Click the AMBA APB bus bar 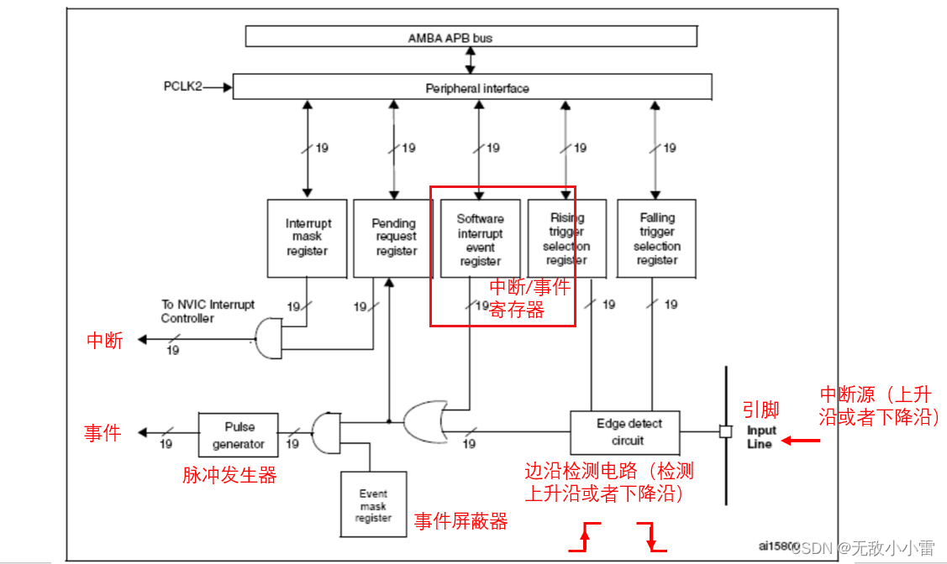(471, 37)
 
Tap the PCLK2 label (182, 86)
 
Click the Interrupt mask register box (308, 238)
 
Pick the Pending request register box (393, 238)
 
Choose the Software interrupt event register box (480, 238)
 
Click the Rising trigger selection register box (566, 238)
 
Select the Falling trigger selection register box (656, 238)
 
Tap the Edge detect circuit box (624, 432)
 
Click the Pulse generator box (238, 434)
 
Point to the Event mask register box (372, 504)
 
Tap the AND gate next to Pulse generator (326, 432)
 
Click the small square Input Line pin (723, 432)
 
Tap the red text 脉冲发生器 (229, 475)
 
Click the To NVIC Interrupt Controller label (208, 311)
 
